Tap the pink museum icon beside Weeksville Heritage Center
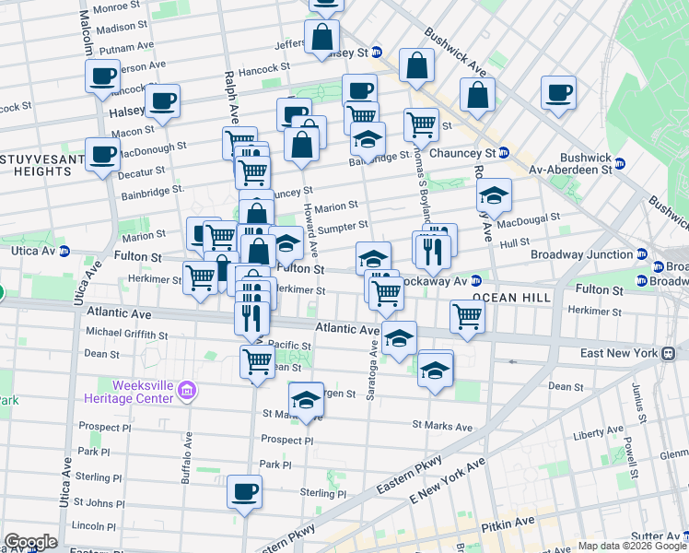coord(188,392)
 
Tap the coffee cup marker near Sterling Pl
coord(245,491)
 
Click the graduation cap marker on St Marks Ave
coord(306,400)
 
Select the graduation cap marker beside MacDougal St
coord(495,194)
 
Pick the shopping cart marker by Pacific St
coord(257,360)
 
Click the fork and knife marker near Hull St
coord(432,250)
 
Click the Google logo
coord(30,542)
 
